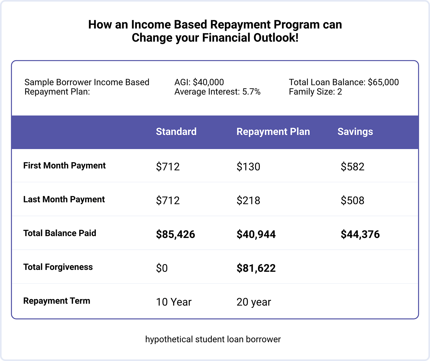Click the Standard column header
176,132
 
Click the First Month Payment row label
64,166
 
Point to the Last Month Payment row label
64,200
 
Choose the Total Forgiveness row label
58,267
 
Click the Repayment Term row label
57,301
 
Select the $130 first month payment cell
248,167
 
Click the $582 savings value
352,167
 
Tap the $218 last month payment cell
248,200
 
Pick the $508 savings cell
352,200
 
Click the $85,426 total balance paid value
175,234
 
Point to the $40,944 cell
256,234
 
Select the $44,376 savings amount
360,234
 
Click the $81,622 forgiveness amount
256,268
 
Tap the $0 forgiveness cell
162,268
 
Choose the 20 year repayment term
254,302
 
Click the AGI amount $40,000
208,83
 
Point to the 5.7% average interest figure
251,92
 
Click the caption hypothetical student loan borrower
213,340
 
